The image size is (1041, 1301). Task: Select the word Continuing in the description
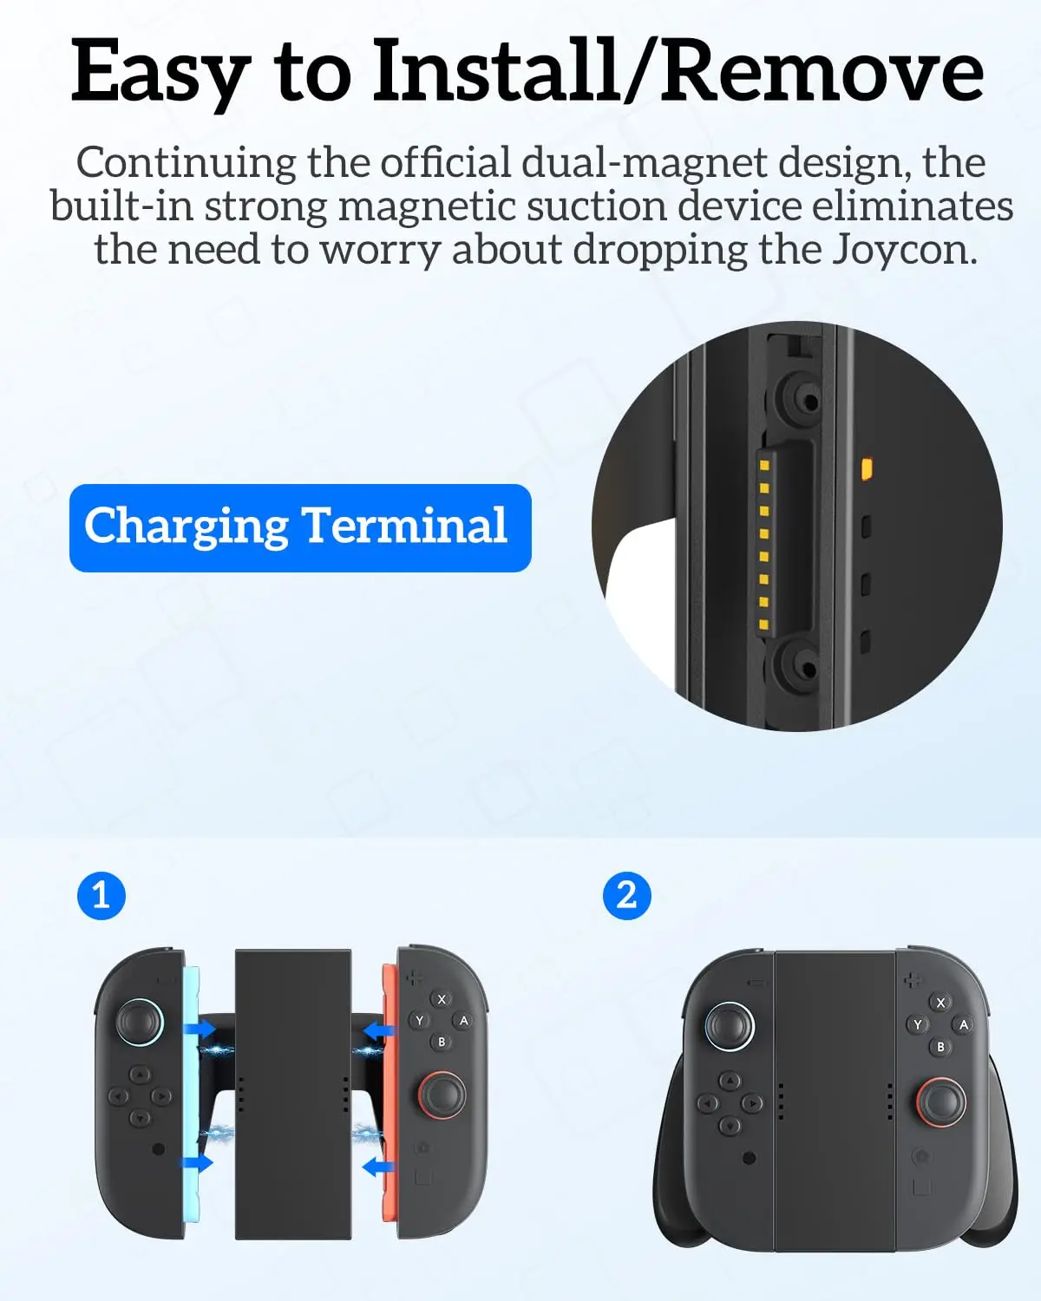[186, 163]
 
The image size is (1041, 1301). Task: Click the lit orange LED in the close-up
[866, 469]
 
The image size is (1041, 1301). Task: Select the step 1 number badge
[101, 895]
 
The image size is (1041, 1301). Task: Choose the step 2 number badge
[626, 895]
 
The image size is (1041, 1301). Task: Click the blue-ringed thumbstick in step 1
[140, 1021]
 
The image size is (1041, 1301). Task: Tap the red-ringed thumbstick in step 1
[442, 1095]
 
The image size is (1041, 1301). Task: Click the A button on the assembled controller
[963, 1024]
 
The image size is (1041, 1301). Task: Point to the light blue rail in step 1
[192, 1093]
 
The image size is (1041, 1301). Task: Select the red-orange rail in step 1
[390, 1093]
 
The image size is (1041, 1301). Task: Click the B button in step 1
[442, 1042]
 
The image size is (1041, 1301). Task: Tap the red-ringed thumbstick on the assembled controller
[941, 1102]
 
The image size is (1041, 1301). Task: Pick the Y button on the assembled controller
[918, 1025]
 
